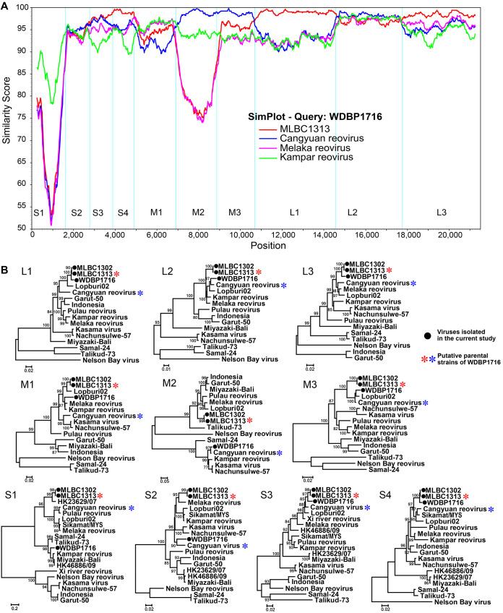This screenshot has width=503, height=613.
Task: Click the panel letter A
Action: [6, 6]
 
